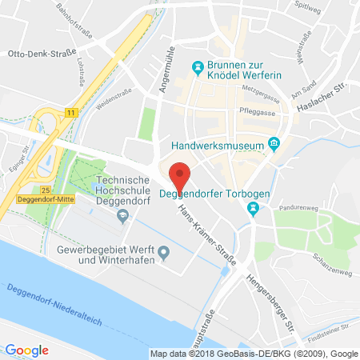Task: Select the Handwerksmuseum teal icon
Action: point(274,145)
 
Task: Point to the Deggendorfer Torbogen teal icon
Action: point(253,210)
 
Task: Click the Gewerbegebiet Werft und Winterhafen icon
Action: point(165,254)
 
